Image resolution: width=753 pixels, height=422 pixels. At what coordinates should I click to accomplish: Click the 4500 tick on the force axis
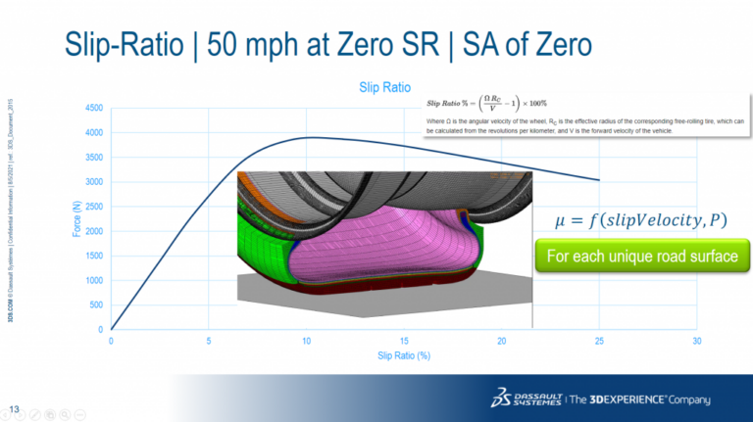[x=93, y=108]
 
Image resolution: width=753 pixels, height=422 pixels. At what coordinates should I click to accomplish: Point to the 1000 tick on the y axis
[x=93, y=280]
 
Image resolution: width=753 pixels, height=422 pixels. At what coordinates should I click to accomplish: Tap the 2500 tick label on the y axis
[x=93, y=207]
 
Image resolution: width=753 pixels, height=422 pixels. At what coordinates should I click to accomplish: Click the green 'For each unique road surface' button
[x=641, y=257]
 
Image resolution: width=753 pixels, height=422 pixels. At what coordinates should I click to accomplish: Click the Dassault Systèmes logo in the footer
[x=529, y=399]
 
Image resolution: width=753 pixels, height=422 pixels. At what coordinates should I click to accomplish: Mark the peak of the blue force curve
[x=310, y=137]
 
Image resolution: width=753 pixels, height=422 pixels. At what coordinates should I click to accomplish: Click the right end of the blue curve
[x=599, y=180]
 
